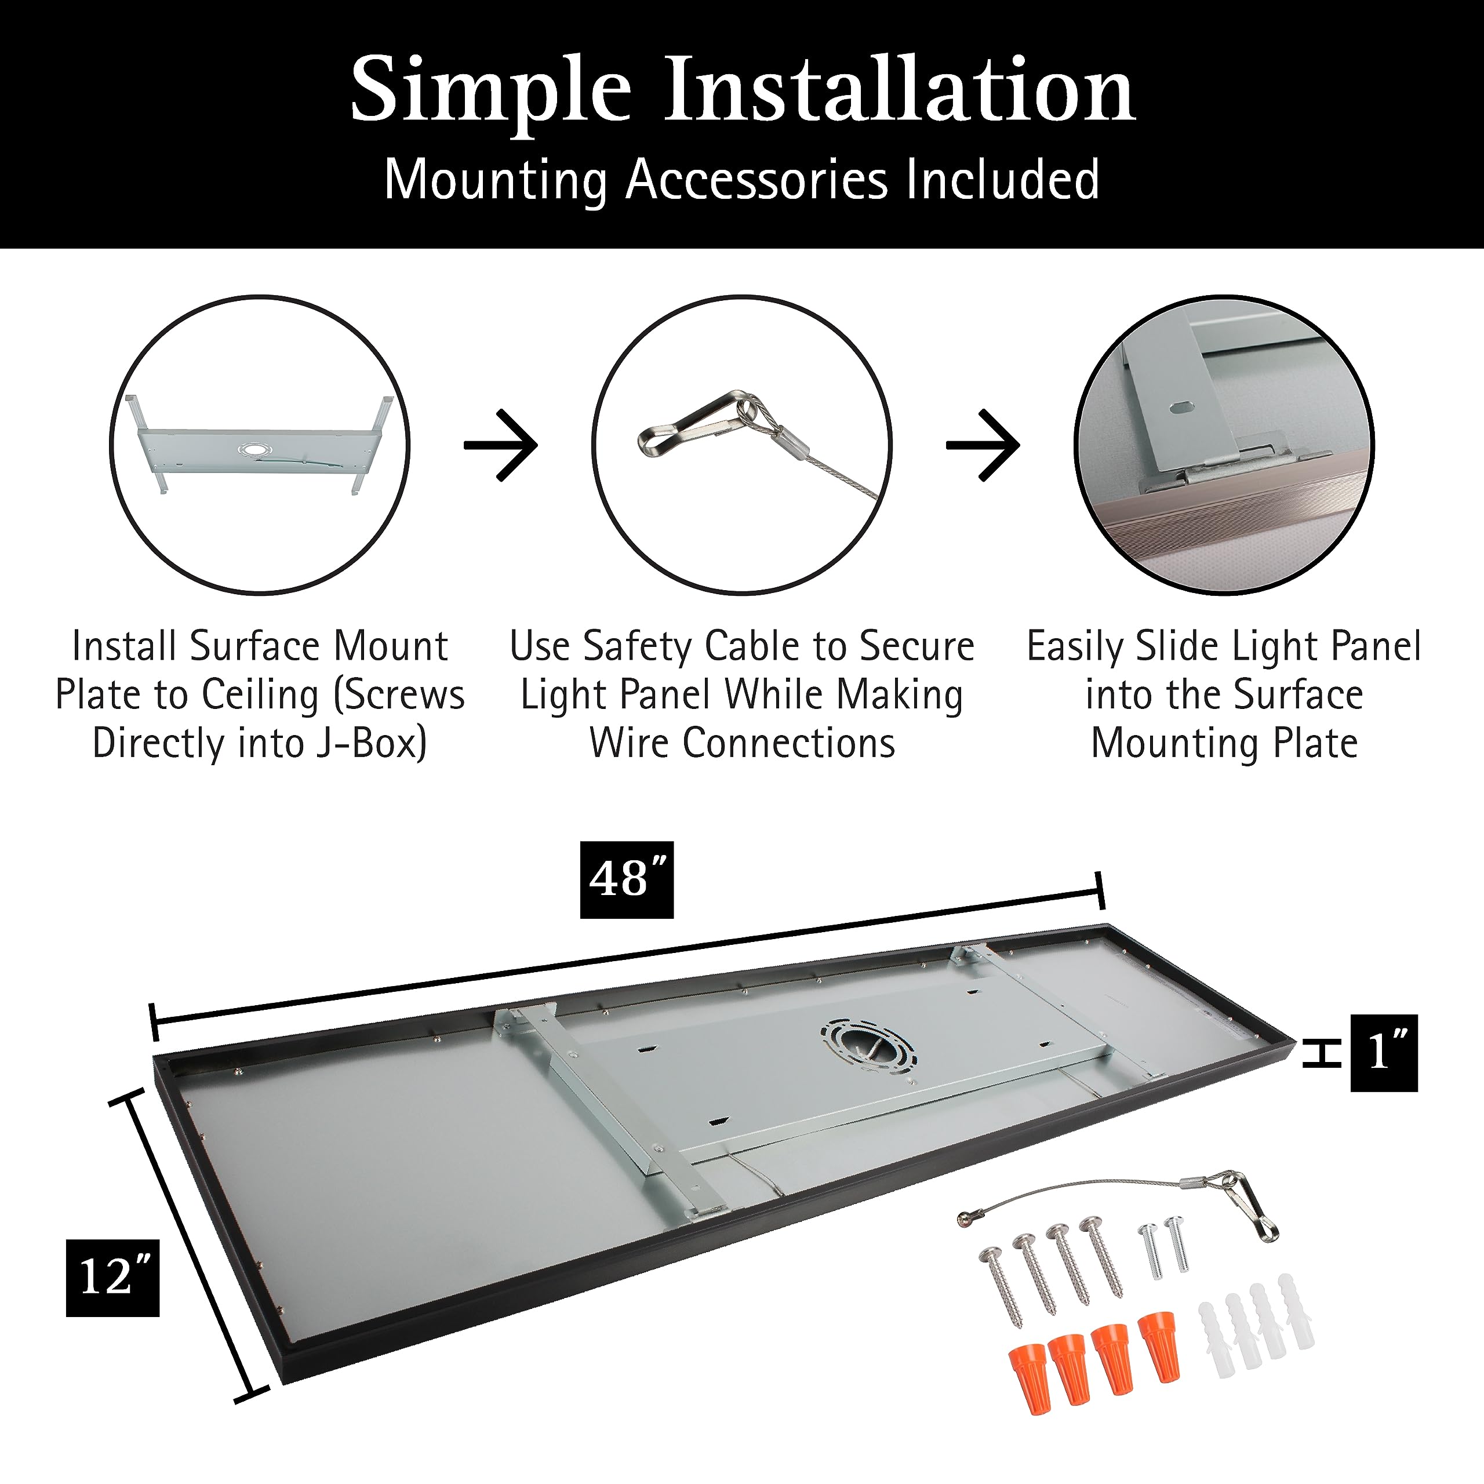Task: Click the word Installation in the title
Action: click(x=899, y=90)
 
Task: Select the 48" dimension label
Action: click(x=626, y=879)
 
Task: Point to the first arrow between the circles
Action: click(x=501, y=446)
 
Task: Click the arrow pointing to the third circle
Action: click(x=983, y=446)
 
